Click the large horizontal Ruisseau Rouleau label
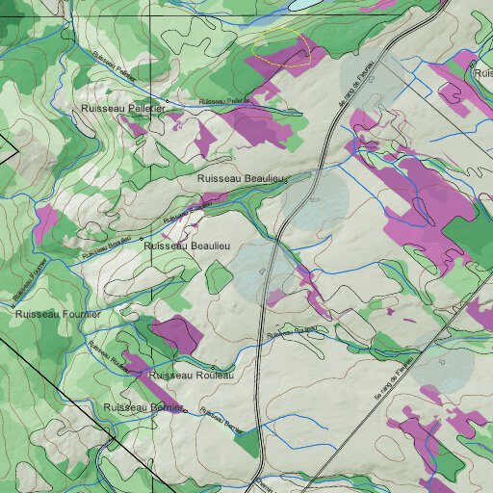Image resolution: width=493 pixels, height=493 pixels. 192,375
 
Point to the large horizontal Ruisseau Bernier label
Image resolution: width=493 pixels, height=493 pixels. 143,408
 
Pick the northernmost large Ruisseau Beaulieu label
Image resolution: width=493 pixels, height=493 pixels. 242,179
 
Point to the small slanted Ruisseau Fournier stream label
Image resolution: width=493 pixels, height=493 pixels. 31,279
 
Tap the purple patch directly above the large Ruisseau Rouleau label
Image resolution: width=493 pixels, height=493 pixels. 175,334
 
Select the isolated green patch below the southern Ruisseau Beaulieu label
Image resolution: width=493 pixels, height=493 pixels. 220,277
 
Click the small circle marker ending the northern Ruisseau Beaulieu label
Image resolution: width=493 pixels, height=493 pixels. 287,180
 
